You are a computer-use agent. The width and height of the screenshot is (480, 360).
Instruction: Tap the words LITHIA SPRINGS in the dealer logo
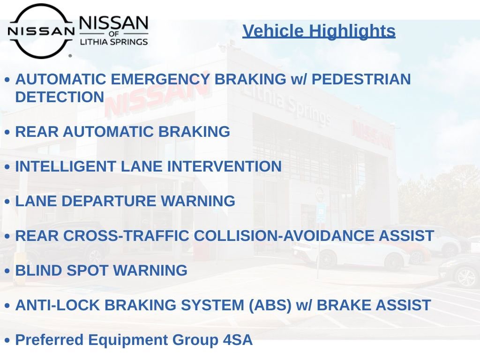(x=114, y=42)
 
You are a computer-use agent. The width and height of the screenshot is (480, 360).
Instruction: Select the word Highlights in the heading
(x=352, y=31)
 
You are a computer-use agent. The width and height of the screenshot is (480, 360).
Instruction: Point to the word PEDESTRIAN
(x=361, y=79)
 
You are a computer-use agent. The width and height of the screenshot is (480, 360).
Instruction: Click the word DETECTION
(x=60, y=97)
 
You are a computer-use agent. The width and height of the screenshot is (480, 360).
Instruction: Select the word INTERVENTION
(x=225, y=166)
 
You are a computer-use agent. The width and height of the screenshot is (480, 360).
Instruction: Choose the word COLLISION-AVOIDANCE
(x=284, y=236)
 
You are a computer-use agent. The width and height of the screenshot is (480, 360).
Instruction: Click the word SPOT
(x=87, y=271)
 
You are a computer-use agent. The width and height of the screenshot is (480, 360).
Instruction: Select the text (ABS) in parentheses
(x=270, y=306)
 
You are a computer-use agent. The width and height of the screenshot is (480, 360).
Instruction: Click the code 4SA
(x=238, y=340)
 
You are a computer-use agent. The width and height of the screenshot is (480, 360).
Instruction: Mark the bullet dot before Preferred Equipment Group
(x=7, y=340)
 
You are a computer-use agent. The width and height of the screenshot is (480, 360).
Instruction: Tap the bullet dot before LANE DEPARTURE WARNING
(x=7, y=202)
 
